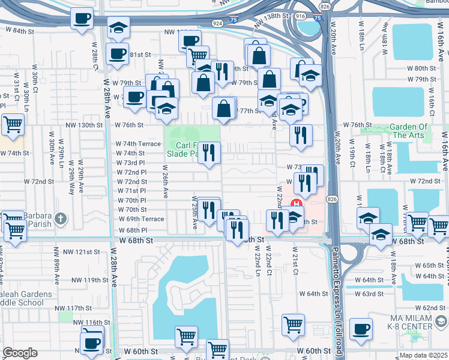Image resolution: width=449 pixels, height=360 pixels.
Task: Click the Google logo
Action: click(x=20, y=353)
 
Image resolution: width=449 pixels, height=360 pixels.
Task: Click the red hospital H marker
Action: click(x=295, y=203)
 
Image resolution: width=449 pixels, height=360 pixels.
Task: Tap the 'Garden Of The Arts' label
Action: click(x=409, y=131)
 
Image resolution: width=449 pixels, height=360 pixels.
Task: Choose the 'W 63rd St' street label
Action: click(x=368, y=293)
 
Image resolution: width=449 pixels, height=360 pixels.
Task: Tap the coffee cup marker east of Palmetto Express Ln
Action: click(x=361, y=329)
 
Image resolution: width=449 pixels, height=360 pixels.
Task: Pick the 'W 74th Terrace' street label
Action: click(x=138, y=144)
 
